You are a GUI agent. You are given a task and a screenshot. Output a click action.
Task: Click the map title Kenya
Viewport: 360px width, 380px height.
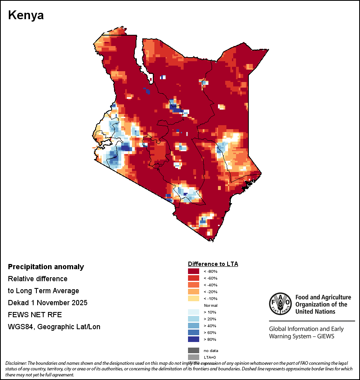tap(26, 16)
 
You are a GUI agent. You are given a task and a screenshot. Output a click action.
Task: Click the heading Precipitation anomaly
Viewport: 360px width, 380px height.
tap(46, 267)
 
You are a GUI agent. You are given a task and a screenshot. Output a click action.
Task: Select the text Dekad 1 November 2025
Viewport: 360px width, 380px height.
tap(48, 302)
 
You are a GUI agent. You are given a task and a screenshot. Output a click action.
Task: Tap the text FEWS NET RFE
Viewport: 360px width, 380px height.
tap(35, 315)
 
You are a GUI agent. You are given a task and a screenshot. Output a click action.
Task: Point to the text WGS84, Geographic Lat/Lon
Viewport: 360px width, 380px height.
tap(54, 327)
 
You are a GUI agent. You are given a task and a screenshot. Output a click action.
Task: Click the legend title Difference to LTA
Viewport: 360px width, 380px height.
tap(213, 264)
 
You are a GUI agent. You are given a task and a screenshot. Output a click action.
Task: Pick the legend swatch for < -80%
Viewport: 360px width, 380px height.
tap(194, 271)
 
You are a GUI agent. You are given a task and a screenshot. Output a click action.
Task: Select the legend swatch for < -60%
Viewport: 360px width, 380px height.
tap(194, 278)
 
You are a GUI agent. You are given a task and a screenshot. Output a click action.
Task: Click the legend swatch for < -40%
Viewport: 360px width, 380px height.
tap(194, 285)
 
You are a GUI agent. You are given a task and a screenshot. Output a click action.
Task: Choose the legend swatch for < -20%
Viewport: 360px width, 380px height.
tap(194, 292)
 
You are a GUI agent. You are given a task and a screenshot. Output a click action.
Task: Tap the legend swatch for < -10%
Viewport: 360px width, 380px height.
tap(194, 298)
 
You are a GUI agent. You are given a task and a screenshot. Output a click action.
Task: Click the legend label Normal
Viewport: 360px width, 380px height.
tap(210, 305)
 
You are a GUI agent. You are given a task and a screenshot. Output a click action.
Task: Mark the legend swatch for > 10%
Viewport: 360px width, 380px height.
tap(194, 312)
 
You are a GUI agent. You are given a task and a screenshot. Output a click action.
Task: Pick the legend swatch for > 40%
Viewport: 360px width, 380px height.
tap(194, 326)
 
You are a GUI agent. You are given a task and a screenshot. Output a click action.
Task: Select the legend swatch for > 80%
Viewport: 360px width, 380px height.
tap(194, 339)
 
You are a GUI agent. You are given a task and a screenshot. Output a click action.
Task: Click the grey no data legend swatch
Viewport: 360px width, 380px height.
tap(194, 350)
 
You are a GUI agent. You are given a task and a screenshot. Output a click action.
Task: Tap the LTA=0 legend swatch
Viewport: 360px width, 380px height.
tap(194, 357)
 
